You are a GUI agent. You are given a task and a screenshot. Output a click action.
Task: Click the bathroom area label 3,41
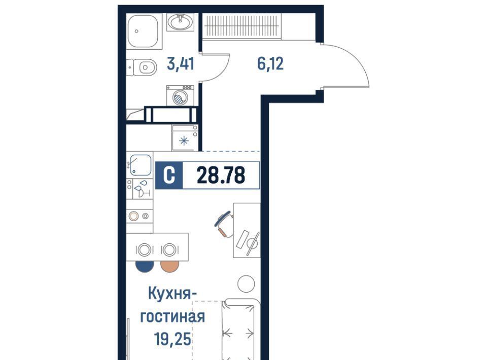(x=181, y=64)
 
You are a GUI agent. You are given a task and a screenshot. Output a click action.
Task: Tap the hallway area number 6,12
(x=270, y=64)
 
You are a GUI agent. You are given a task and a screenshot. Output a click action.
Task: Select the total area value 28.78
(x=221, y=175)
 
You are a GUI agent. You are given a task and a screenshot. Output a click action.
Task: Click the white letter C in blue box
(x=168, y=175)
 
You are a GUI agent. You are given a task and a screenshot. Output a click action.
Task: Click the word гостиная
(x=172, y=317)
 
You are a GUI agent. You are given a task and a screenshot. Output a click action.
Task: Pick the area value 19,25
(x=172, y=339)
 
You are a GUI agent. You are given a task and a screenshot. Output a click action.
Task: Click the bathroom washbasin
(x=180, y=22)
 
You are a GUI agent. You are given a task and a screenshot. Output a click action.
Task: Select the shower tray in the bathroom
(x=144, y=31)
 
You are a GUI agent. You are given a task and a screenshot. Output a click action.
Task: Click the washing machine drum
(x=180, y=98)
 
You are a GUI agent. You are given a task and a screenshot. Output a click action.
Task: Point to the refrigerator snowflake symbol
(x=184, y=141)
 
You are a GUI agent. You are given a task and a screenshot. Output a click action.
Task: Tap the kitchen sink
(x=140, y=165)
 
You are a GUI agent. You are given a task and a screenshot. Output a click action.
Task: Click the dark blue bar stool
(x=145, y=266)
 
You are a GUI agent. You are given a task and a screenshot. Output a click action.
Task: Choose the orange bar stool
(x=169, y=266)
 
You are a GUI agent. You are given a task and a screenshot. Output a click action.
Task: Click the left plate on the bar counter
(x=144, y=250)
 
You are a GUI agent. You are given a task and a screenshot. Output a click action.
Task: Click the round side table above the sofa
(x=246, y=283)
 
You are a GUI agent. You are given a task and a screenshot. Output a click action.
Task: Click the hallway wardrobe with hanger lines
(x=241, y=26)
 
